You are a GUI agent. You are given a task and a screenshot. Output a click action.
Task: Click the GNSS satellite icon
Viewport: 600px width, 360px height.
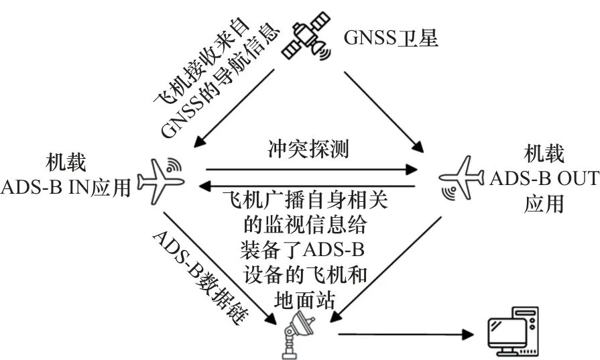click(306, 36)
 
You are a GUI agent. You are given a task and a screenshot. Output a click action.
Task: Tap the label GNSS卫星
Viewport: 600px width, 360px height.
click(391, 38)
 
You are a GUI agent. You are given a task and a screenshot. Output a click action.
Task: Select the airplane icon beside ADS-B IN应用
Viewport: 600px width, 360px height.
click(161, 180)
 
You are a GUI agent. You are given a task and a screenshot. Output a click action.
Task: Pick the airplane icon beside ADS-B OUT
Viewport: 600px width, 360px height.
click(462, 178)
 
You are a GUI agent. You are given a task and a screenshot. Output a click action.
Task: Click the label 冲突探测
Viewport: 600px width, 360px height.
click(308, 149)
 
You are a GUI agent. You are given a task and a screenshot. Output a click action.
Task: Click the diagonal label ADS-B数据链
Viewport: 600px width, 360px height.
click(201, 278)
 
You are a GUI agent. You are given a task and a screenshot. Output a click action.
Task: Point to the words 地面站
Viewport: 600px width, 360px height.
click(305, 300)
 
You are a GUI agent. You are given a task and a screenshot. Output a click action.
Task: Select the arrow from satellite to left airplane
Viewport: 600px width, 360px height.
click(234, 108)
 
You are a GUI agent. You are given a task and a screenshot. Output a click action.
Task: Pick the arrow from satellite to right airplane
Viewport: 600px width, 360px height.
click(384, 111)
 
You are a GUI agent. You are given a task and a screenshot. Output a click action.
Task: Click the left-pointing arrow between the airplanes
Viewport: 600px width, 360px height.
click(307, 186)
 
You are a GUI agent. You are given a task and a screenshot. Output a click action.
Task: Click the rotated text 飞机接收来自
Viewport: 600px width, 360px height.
click(202, 61)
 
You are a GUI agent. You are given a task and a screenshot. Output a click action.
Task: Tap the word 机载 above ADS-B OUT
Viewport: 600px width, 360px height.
click(544, 154)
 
